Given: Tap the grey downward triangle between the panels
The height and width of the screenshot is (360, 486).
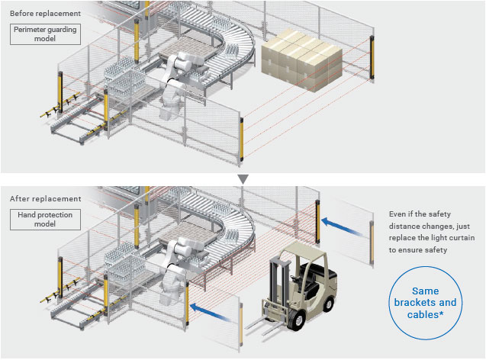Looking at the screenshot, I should tap(243, 179).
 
